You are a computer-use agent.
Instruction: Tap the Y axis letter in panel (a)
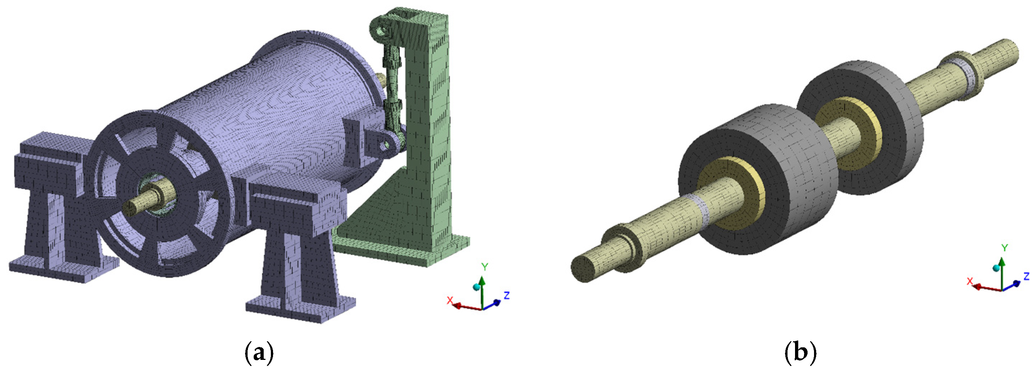point(485,267)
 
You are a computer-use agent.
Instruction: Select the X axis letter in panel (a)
point(450,300)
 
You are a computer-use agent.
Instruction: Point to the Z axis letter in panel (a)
point(507,295)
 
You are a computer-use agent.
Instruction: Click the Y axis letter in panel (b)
point(1005,248)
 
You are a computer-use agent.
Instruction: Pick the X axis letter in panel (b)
point(970,281)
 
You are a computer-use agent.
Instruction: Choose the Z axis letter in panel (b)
point(1026,276)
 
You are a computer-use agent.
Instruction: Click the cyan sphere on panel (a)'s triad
point(477,287)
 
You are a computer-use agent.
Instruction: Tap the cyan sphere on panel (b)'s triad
point(996,268)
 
